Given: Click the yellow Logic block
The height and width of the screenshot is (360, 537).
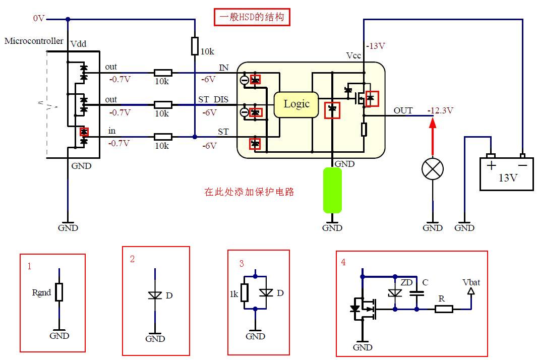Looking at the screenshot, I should click(x=296, y=104).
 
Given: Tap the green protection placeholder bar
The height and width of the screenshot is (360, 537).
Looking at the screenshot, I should click(x=332, y=190).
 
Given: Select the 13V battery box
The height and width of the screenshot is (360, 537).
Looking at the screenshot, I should click(x=506, y=173).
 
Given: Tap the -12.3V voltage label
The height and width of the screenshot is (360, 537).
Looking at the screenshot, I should click(x=440, y=110).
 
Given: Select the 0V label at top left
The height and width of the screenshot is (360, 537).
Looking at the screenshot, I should click(x=39, y=18).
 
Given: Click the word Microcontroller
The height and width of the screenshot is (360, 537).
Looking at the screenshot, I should click(x=34, y=41).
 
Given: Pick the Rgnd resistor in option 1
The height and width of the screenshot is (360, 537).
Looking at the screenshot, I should click(x=59, y=292).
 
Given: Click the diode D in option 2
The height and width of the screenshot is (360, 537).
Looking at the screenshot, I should click(x=155, y=295).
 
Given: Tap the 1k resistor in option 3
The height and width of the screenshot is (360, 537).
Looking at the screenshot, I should click(x=245, y=292).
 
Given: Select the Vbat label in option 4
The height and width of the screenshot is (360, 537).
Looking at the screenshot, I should click(x=471, y=282).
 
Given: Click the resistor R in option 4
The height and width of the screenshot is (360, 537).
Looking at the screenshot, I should click(x=444, y=309).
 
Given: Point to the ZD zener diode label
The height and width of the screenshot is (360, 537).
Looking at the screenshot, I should click(x=406, y=282).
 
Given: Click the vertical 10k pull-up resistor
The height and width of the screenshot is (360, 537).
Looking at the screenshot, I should click(x=195, y=45).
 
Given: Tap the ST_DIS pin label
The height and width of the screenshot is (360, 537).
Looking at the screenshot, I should click(x=213, y=99).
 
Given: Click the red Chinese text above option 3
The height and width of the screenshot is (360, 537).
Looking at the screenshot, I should click(x=249, y=192).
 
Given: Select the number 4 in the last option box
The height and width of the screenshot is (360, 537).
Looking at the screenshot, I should click(x=343, y=262).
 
